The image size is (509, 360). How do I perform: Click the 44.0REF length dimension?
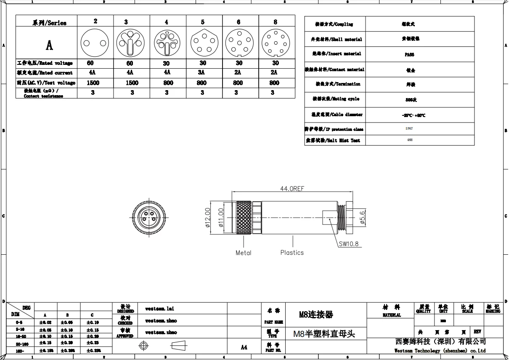[x=292, y=189]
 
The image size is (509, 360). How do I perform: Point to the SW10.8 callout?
[x=350, y=243]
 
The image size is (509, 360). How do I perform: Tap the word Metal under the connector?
[x=243, y=253]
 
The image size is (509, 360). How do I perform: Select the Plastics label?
[x=292, y=253]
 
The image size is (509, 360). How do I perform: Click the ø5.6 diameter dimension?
[x=362, y=216]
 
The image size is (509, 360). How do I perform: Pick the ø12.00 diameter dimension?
[x=207, y=216]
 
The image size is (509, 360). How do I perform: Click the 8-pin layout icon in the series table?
[x=276, y=43]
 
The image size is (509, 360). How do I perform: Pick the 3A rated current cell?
[x=202, y=72]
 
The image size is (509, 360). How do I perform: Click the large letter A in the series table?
[x=49, y=45]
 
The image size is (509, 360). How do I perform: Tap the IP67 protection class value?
[x=409, y=129]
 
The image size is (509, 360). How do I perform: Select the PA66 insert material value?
[x=409, y=55]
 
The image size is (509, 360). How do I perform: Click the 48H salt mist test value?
[x=409, y=140]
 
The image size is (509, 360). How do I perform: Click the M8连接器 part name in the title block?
[x=315, y=314]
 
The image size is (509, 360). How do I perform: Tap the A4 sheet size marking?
[x=244, y=347]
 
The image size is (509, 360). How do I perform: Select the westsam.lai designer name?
[x=159, y=309]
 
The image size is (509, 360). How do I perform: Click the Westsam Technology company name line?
[x=440, y=350]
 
